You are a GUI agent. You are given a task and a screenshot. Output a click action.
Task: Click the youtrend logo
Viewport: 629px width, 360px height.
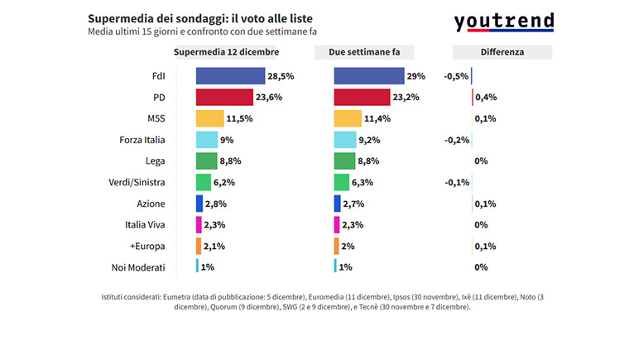503,22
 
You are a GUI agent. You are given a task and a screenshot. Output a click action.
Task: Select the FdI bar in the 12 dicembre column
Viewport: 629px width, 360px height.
229,76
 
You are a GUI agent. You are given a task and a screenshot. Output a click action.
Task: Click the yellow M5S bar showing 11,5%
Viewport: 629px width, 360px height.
209,118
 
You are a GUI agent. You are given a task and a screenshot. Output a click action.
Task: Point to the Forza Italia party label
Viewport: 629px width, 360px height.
142,139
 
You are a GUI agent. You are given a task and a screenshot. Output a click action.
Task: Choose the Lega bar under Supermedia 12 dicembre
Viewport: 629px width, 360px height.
206,161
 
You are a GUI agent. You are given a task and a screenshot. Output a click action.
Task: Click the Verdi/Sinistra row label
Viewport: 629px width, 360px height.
137,182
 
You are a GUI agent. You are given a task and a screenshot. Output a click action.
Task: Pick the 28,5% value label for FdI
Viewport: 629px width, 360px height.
281,76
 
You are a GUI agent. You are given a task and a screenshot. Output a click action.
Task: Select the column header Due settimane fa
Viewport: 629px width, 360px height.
364,51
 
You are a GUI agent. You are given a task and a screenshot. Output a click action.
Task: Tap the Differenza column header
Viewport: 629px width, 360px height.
502,51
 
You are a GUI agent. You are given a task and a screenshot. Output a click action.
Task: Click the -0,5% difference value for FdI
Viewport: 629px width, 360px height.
456,76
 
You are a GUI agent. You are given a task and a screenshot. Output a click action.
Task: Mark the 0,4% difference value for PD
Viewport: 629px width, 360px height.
486,97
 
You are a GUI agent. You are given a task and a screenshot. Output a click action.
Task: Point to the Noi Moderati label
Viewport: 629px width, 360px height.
138,267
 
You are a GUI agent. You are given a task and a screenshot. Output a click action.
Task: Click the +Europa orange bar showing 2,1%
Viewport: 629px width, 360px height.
199,246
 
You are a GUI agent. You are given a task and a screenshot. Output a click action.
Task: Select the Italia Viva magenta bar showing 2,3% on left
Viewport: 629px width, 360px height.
199,224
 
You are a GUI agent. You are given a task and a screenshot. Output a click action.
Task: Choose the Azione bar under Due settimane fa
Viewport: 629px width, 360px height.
337,203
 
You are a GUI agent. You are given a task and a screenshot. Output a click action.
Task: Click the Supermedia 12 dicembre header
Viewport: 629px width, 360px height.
226,51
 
